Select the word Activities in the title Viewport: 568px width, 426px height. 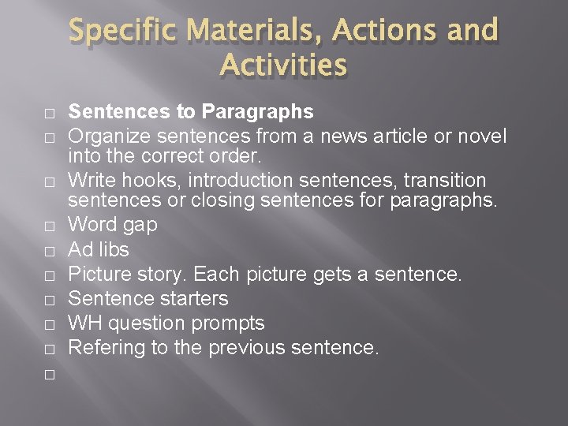(284, 65)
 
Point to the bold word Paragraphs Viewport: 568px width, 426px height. (258, 113)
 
